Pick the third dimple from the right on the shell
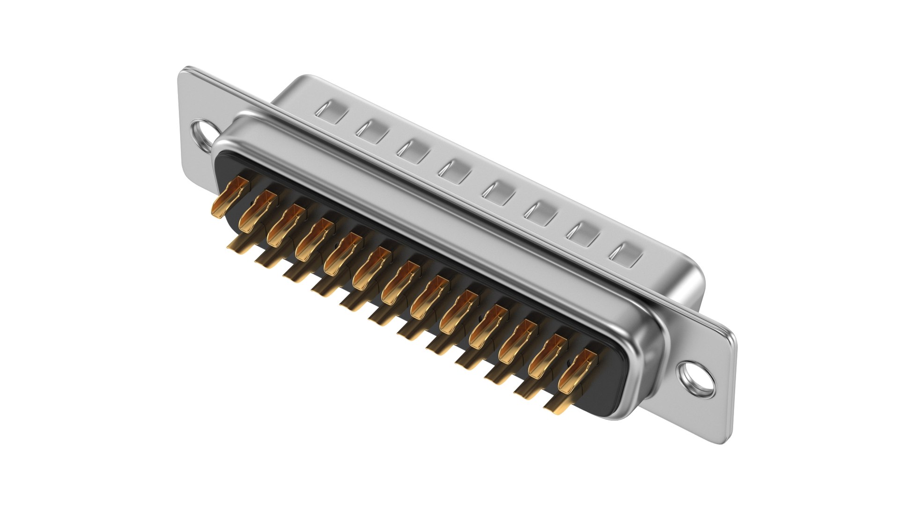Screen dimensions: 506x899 pos(541,213)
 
